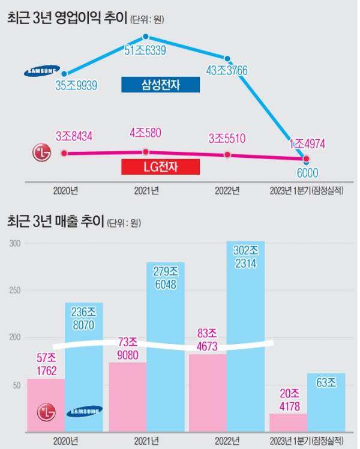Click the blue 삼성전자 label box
click(x=160, y=85)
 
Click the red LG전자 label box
click(x=160, y=166)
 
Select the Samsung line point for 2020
click(x=64, y=73)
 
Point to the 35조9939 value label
click(x=76, y=86)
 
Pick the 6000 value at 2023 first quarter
click(x=307, y=173)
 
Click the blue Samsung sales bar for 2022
click(x=245, y=336)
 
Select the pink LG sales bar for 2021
click(x=127, y=396)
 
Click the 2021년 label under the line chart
click(x=146, y=191)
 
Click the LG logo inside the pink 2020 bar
click(x=47, y=412)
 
